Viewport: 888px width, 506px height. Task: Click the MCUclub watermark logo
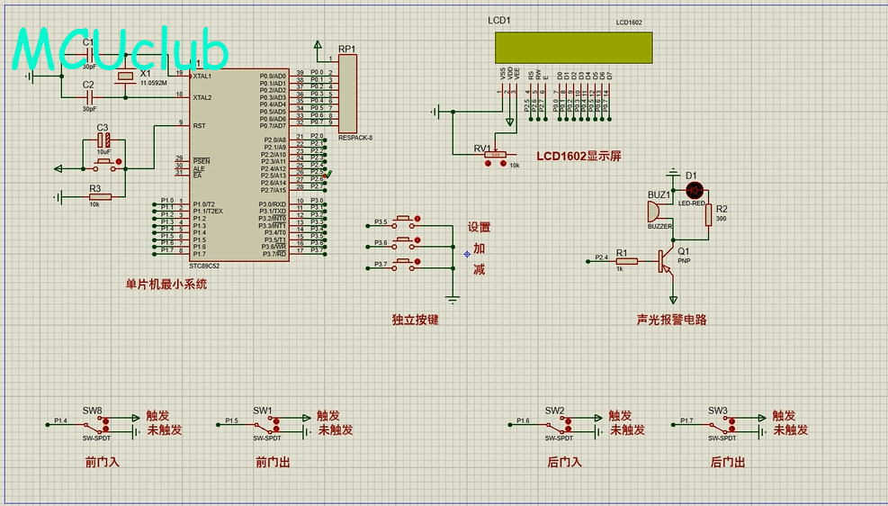120,51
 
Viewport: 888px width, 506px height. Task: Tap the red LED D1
694,190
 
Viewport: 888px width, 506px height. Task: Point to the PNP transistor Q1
666,260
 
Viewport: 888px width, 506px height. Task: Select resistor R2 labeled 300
708,215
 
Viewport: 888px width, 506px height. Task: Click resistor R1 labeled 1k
626,261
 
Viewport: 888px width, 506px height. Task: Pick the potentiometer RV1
494,155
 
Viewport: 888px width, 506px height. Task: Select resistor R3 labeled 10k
99,196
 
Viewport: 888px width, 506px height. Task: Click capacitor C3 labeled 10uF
104,141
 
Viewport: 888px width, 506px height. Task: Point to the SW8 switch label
93,411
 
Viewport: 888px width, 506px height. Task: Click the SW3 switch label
717,411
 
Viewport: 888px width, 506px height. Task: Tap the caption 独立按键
415,319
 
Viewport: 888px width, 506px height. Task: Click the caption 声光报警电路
671,319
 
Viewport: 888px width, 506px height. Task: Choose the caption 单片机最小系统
166,284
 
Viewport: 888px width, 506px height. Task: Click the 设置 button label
479,227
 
